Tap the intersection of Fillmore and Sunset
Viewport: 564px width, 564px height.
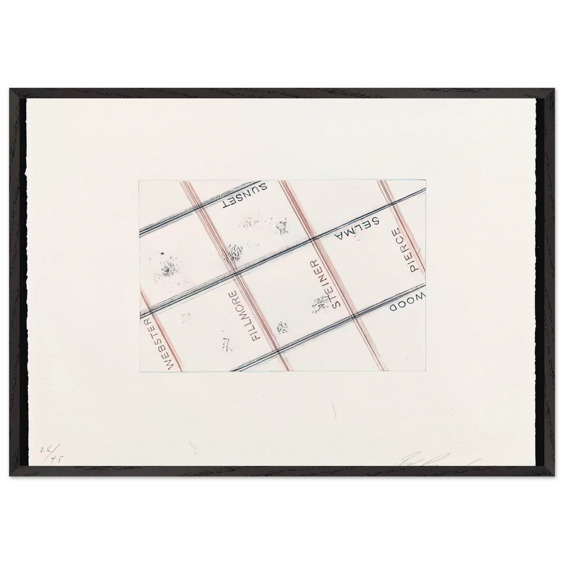tap(199, 206)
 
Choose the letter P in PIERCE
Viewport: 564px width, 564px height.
tap(413, 269)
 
